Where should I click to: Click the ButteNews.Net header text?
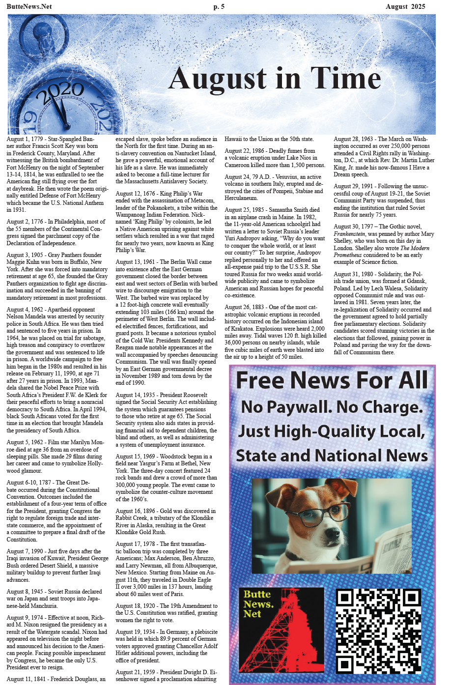coord(29,6)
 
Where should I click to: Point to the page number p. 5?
coord(219,6)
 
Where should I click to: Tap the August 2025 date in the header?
coord(405,6)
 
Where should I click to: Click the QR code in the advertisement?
coord(378,631)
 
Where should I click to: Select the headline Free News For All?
coord(332,380)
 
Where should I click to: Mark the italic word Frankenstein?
coord(349,234)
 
